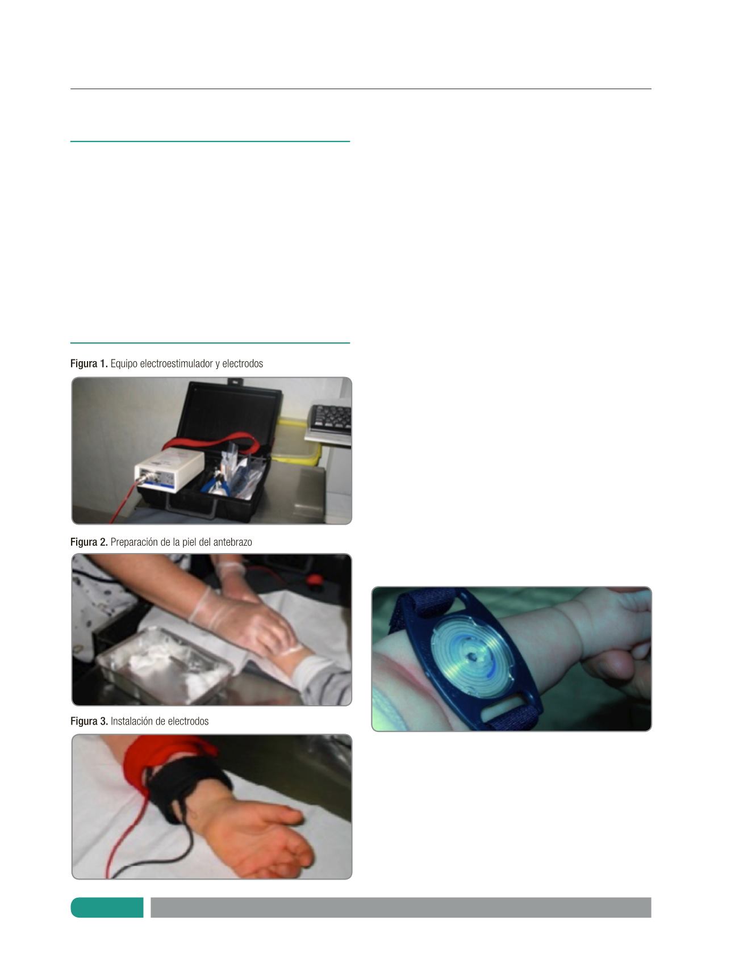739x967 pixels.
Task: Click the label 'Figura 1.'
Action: pos(89,363)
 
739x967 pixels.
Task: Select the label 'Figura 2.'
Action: pos(89,542)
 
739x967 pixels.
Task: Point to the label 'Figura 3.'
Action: pos(89,722)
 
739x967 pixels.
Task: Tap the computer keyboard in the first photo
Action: pos(329,419)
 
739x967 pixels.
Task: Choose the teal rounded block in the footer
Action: pos(107,907)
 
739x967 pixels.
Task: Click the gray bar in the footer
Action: pos(401,907)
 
